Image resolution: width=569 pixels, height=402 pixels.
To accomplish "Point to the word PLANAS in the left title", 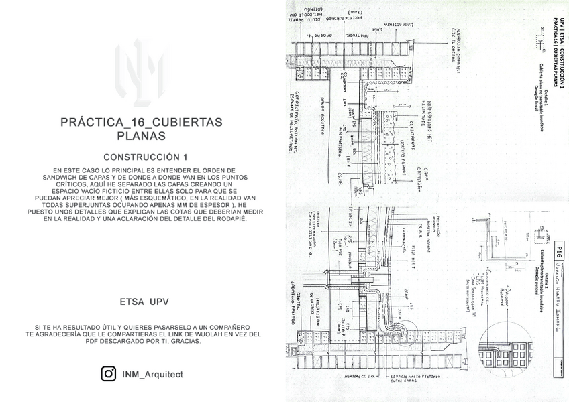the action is pos(141,135).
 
